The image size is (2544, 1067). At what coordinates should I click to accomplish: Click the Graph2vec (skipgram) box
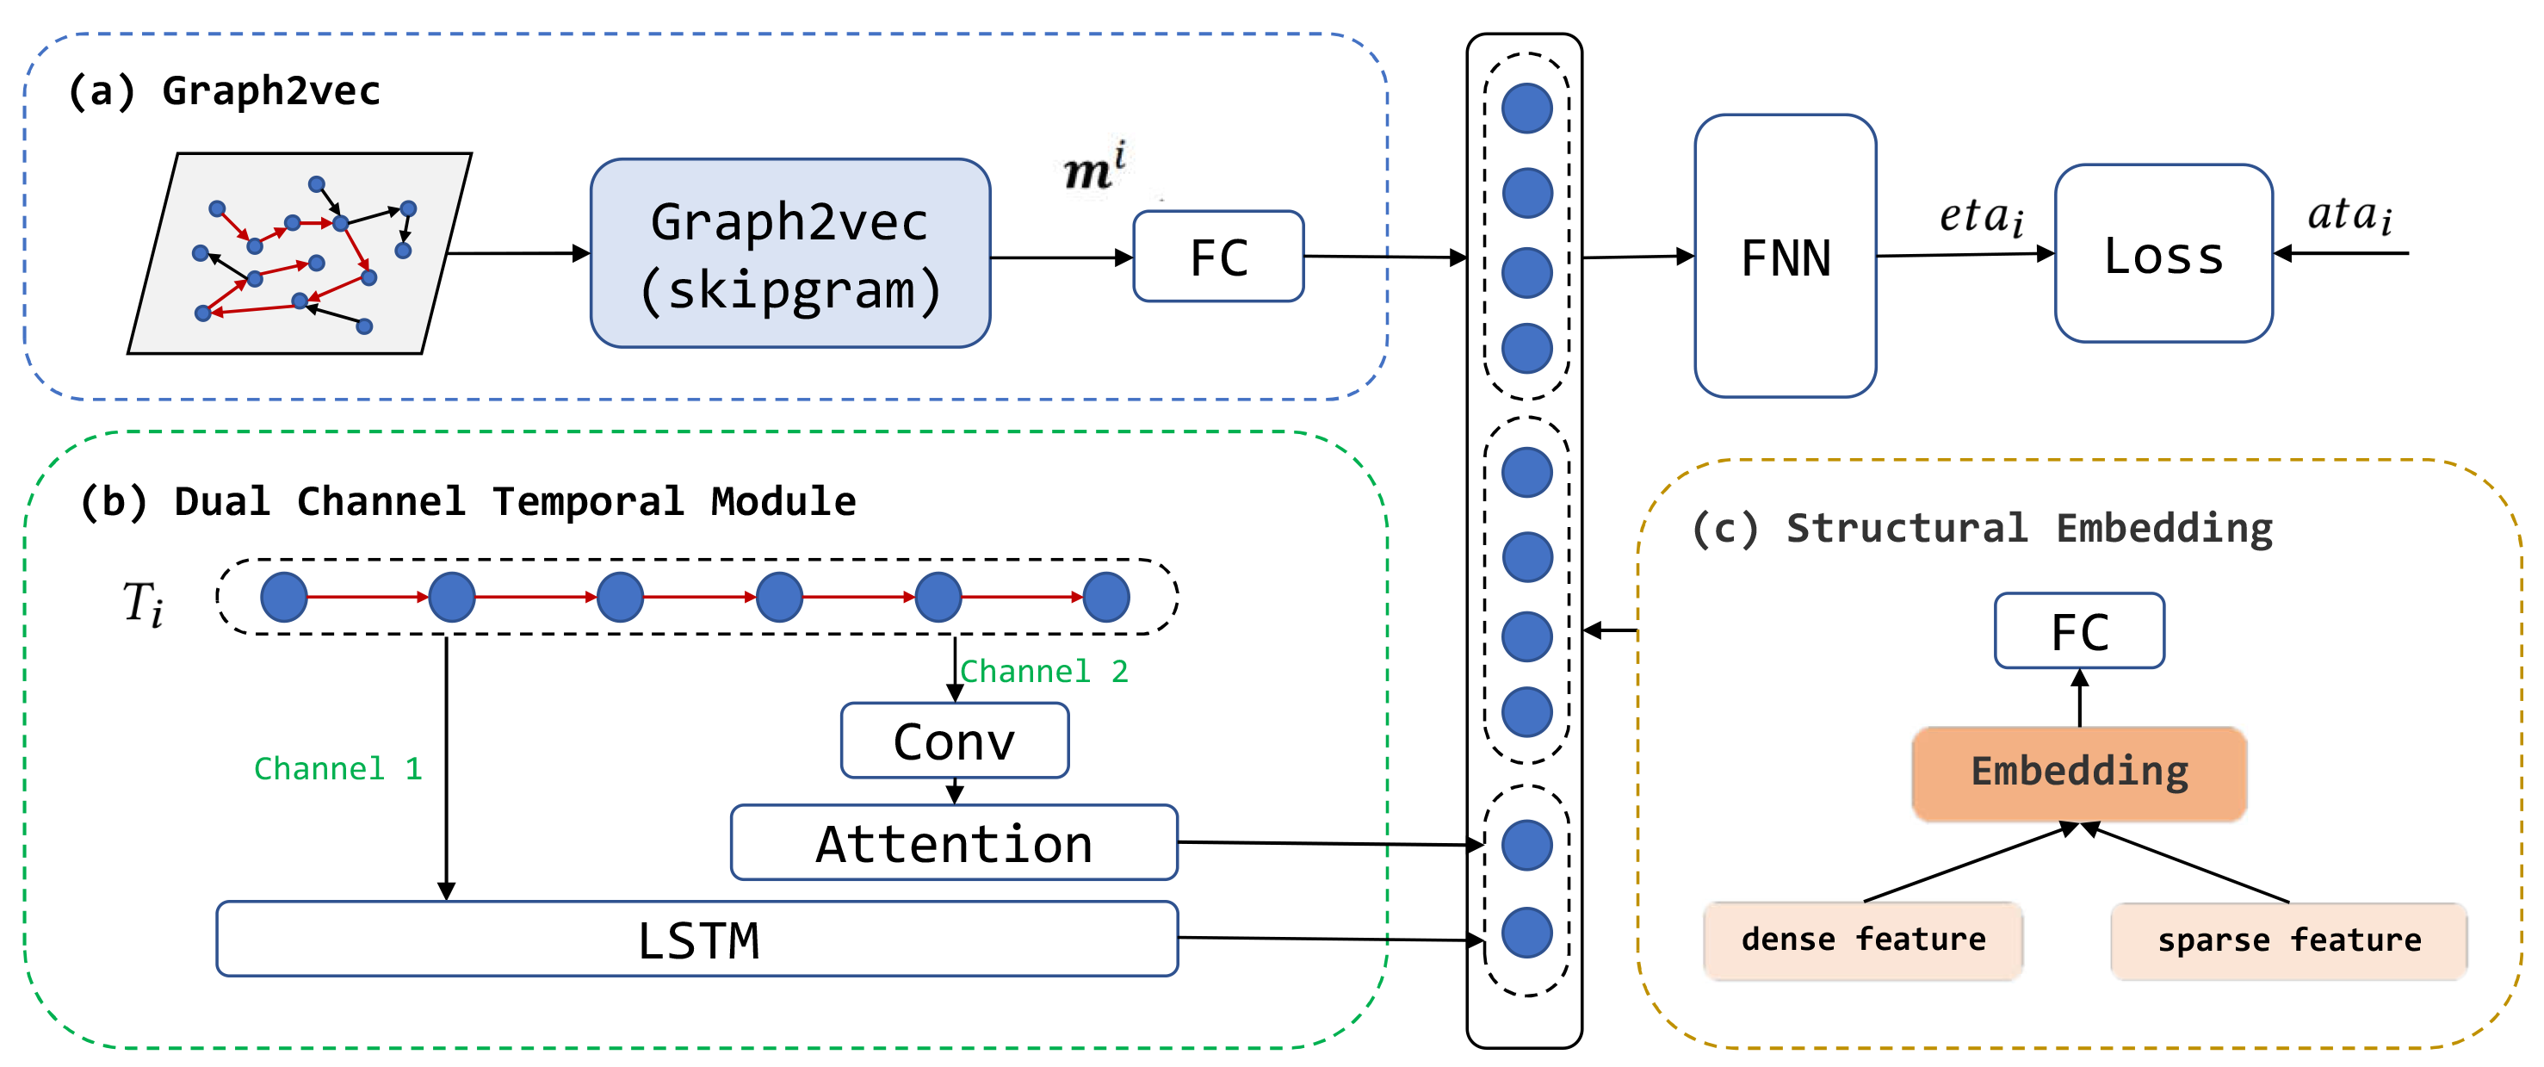pyautogui.click(x=790, y=253)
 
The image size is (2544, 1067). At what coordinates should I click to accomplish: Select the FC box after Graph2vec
pyautogui.click(x=1219, y=256)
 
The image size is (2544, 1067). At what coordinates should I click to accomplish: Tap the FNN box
pyautogui.click(x=1786, y=256)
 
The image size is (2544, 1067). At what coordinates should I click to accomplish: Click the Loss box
pyautogui.click(x=2163, y=254)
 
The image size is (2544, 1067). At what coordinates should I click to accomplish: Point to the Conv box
pyautogui.click(x=955, y=741)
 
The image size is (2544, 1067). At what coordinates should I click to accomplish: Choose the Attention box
pyautogui.click(x=954, y=843)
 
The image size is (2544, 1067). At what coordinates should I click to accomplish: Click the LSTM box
pyautogui.click(x=697, y=939)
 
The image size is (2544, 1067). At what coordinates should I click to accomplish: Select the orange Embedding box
pyautogui.click(x=2080, y=773)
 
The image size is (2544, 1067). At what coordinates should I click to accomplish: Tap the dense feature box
pyautogui.click(x=1864, y=940)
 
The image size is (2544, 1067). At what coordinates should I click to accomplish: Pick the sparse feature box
pyautogui.click(x=2289, y=941)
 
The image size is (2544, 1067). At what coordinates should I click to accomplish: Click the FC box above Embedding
pyautogui.click(x=2080, y=631)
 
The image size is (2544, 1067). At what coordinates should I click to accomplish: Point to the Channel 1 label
pyautogui.click(x=337, y=769)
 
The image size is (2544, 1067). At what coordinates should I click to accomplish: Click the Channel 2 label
pyautogui.click(x=1044, y=672)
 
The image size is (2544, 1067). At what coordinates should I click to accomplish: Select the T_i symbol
pyautogui.click(x=143, y=603)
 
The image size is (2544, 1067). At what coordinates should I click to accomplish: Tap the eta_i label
pyautogui.click(x=1982, y=216)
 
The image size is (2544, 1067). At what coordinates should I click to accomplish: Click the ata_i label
pyautogui.click(x=2349, y=214)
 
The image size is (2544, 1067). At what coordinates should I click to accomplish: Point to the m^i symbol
pyautogui.click(x=1094, y=167)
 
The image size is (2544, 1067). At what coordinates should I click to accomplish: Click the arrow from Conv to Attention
pyautogui.click(x=955, y=791)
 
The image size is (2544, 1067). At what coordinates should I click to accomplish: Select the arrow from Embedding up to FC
pyautogui.click(x=2080, y=698)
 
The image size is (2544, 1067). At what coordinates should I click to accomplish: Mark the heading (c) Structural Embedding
pyautogui.click(x=1982, y=529)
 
